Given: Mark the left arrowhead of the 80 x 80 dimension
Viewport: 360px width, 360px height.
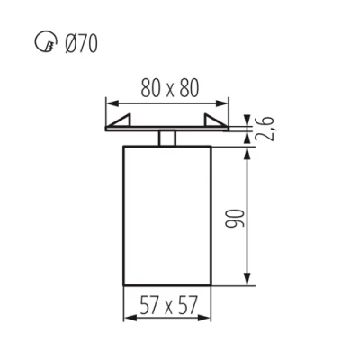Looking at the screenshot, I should [111, 101].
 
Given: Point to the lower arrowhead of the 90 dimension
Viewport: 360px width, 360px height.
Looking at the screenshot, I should [247, 281].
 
